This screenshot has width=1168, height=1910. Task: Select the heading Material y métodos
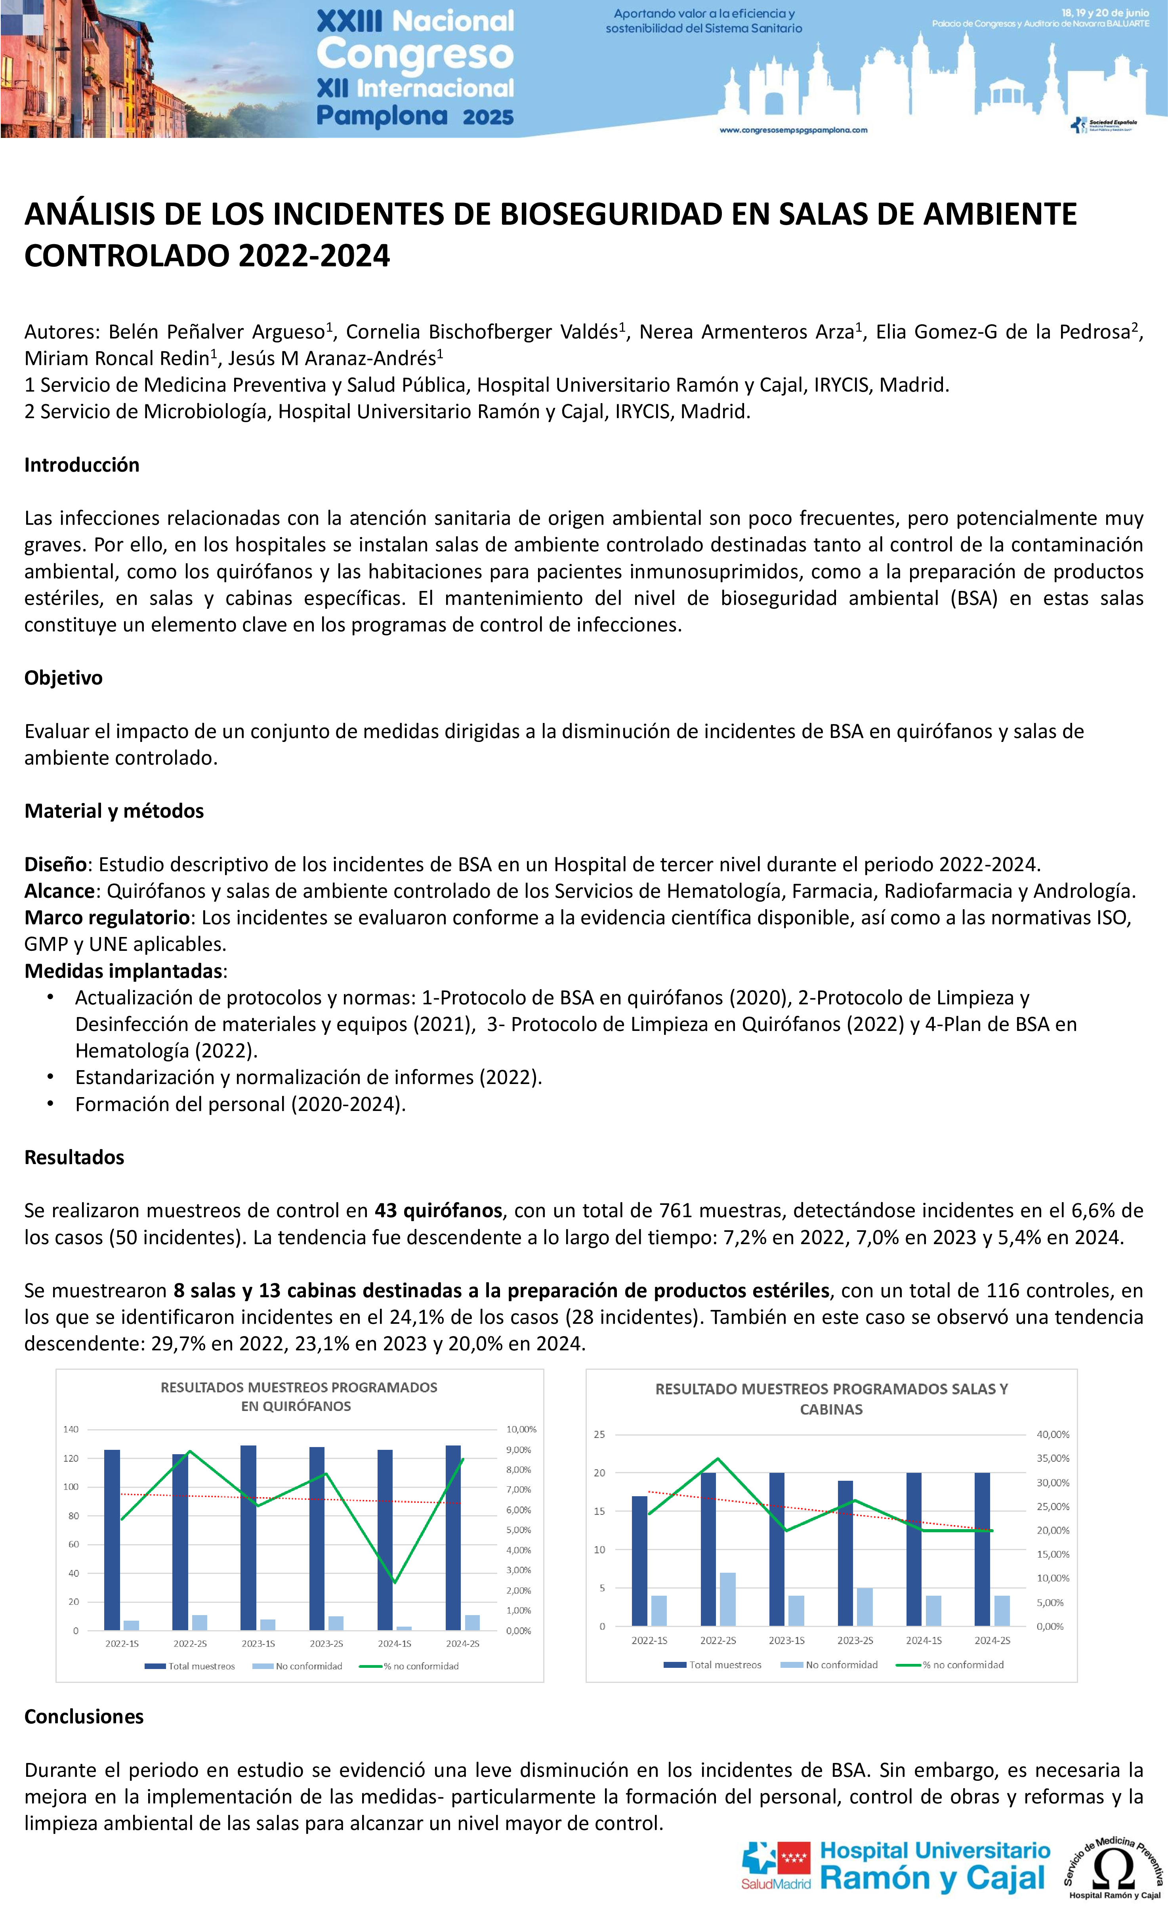(x=114, y=811)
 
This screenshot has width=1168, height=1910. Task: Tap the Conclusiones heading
(x=84, y=1716)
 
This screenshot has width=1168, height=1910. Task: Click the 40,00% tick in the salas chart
(x=1053, y=1435)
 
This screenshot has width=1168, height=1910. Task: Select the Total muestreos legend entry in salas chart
(x=713, y=1665)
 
